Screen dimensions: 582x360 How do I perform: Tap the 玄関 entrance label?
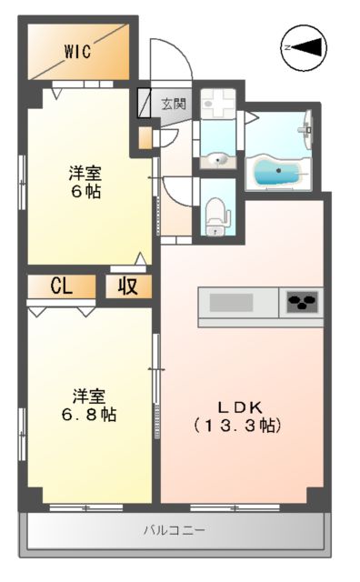click(173, 104)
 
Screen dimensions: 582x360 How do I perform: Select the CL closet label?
click(61, 286)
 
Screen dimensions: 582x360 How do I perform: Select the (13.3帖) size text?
click(238, 425)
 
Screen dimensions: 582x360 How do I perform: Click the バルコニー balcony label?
click(173, 530)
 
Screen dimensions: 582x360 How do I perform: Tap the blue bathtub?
click(277, 171)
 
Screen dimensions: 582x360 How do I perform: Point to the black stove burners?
click(302, 302)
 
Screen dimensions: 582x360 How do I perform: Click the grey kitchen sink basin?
click(233, 302)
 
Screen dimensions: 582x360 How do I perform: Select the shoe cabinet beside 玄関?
click(145, 103)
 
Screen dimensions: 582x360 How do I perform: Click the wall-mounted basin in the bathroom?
click(307, 127)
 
